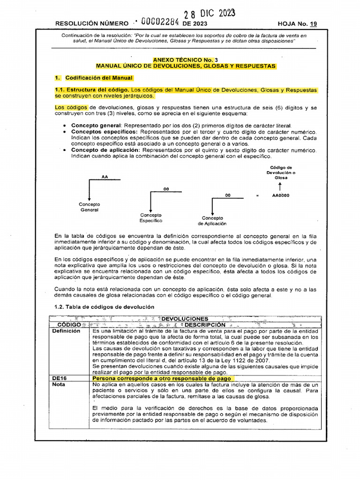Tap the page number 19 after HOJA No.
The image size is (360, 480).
[x=313, y=23]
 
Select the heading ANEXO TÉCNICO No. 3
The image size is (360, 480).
[x=186, y=60]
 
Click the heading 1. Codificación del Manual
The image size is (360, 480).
[x=94, y=78]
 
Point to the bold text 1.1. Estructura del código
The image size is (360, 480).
[x=91, y=90]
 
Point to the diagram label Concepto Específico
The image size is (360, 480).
[x=150, y=217]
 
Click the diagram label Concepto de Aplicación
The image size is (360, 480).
[x=212, y=221]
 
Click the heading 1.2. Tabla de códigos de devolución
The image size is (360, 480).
[x=104, y=307]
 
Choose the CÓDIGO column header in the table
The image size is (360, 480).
[x=69, y=324]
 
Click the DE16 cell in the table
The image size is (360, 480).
[x=59, y=378]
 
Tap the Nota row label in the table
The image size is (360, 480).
[x=59, y=384]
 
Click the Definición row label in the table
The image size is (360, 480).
[x=66, y=331]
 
